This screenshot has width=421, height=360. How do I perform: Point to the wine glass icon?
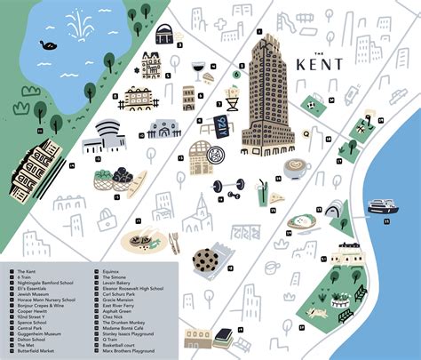(x=199, y=69)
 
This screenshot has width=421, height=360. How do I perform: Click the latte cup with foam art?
(x=293, y=169)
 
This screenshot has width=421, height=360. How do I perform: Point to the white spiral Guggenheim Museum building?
(x=110, y=136)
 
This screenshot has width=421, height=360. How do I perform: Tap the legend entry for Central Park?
(x=36, y=327)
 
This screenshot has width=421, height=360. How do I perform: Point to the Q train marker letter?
(x=306, y=133)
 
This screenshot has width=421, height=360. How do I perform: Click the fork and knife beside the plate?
(x=174, y=242)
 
